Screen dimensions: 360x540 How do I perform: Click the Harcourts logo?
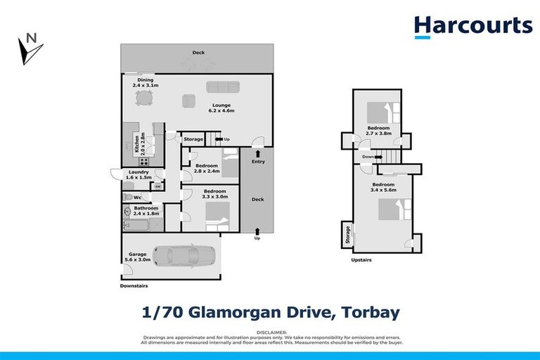click(472, 26)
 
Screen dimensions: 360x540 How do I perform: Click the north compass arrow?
click(30, 49)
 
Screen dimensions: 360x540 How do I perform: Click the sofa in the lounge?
click(222, 87)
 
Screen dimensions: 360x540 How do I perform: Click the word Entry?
click(257, 162)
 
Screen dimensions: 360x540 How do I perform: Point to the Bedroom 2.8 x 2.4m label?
click(207, 169)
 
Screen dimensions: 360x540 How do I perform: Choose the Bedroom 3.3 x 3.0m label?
click(214, 194)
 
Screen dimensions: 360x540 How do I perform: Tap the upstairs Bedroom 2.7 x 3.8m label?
click(378, 131)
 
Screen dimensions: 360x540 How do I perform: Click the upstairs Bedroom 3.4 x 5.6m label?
click(384, 188)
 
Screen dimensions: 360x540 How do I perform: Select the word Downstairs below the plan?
click(134, 286)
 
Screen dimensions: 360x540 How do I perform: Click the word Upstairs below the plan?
click(361, 260)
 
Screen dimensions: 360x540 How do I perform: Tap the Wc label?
click(137, 198)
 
